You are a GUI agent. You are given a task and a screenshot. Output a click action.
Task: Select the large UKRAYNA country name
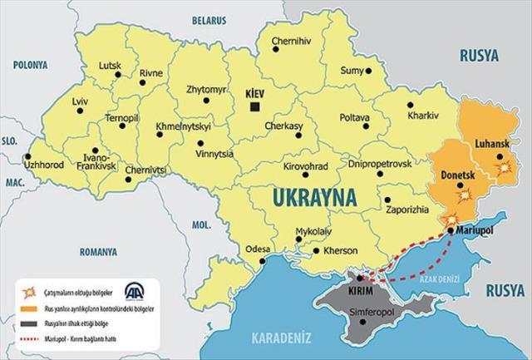(320, 198)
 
